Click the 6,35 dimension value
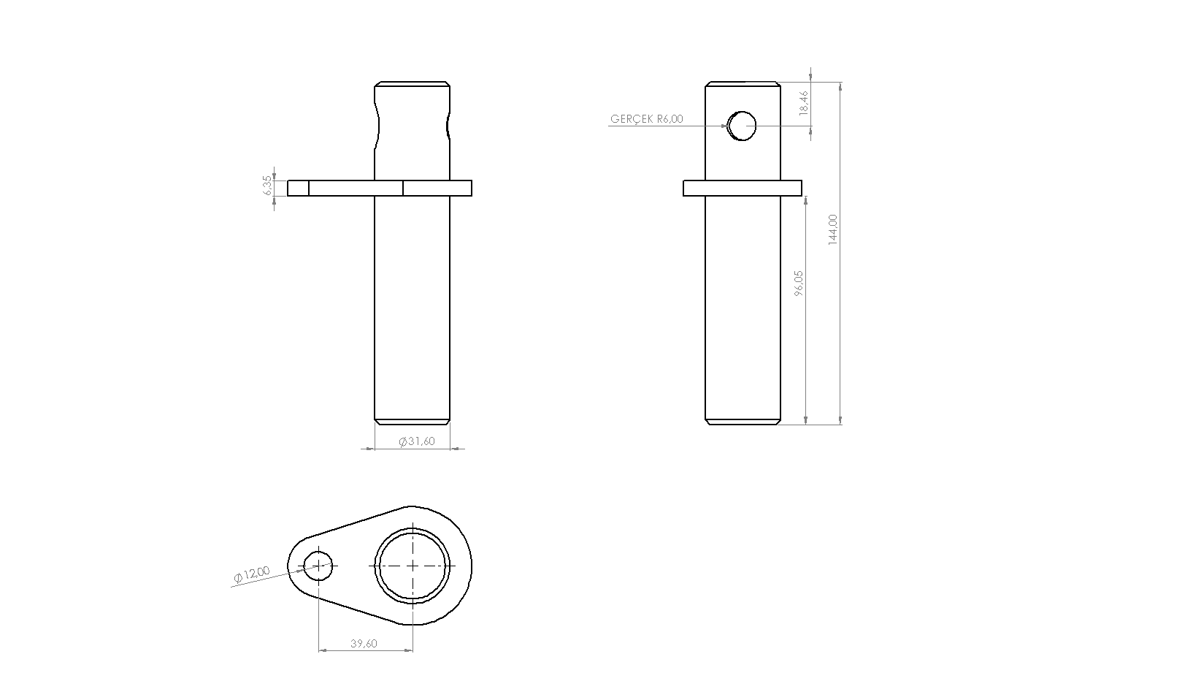point(267,185)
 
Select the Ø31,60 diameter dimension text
point(416,441)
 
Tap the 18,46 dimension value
point(804,103)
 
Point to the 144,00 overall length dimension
point(833,229)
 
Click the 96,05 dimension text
point(798,283)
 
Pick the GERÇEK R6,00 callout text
point(647,119)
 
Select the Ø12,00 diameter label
point(252,574)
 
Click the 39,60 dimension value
point(364,644)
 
